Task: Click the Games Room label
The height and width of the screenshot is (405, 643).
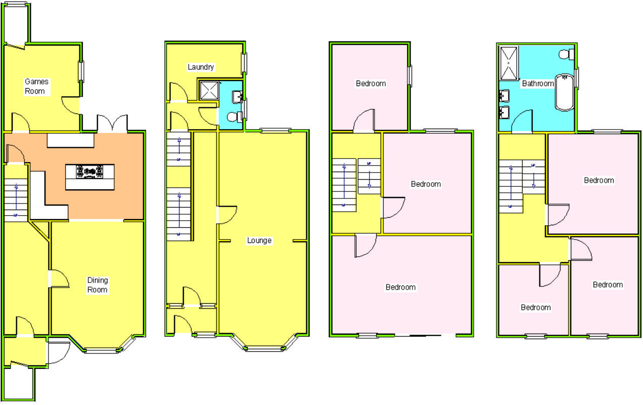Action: point(35,86)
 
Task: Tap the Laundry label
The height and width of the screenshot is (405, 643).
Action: point(201,67)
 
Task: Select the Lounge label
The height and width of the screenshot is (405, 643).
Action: point(259,240)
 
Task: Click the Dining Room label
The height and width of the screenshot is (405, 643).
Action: point(98,285)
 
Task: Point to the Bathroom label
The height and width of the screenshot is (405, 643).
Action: point(538,84)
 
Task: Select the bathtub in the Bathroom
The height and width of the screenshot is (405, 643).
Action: point(564,92)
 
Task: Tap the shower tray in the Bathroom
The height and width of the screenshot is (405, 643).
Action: point(509,63)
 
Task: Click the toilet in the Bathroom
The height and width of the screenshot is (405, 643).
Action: point(567,54)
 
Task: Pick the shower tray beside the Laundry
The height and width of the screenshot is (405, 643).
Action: point(208,90)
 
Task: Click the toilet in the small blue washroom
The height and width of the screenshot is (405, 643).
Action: point(234,117)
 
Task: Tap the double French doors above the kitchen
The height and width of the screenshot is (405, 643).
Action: point(112,124)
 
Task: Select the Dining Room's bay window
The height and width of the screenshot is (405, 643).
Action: point(103,348)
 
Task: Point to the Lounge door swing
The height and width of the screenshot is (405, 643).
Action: point(227,215)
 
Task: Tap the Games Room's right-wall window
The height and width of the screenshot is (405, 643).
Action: point(81,71)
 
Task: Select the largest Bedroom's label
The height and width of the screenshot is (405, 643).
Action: point(400,287)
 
